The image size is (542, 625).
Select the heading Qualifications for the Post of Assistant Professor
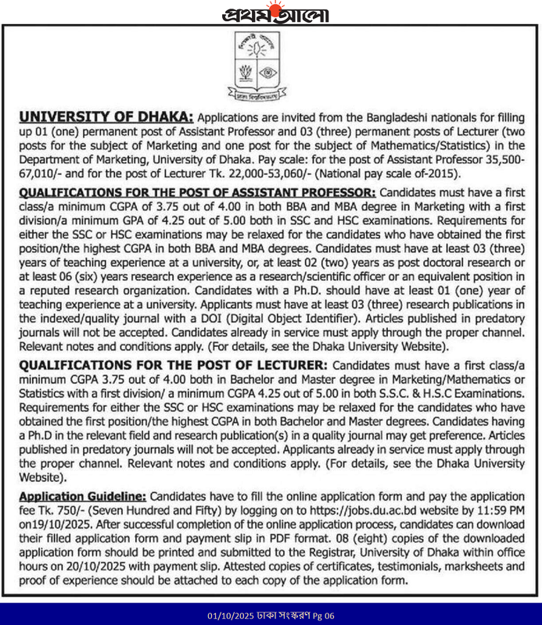198,191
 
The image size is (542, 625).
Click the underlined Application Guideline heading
82,496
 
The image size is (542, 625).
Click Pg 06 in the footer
321,615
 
